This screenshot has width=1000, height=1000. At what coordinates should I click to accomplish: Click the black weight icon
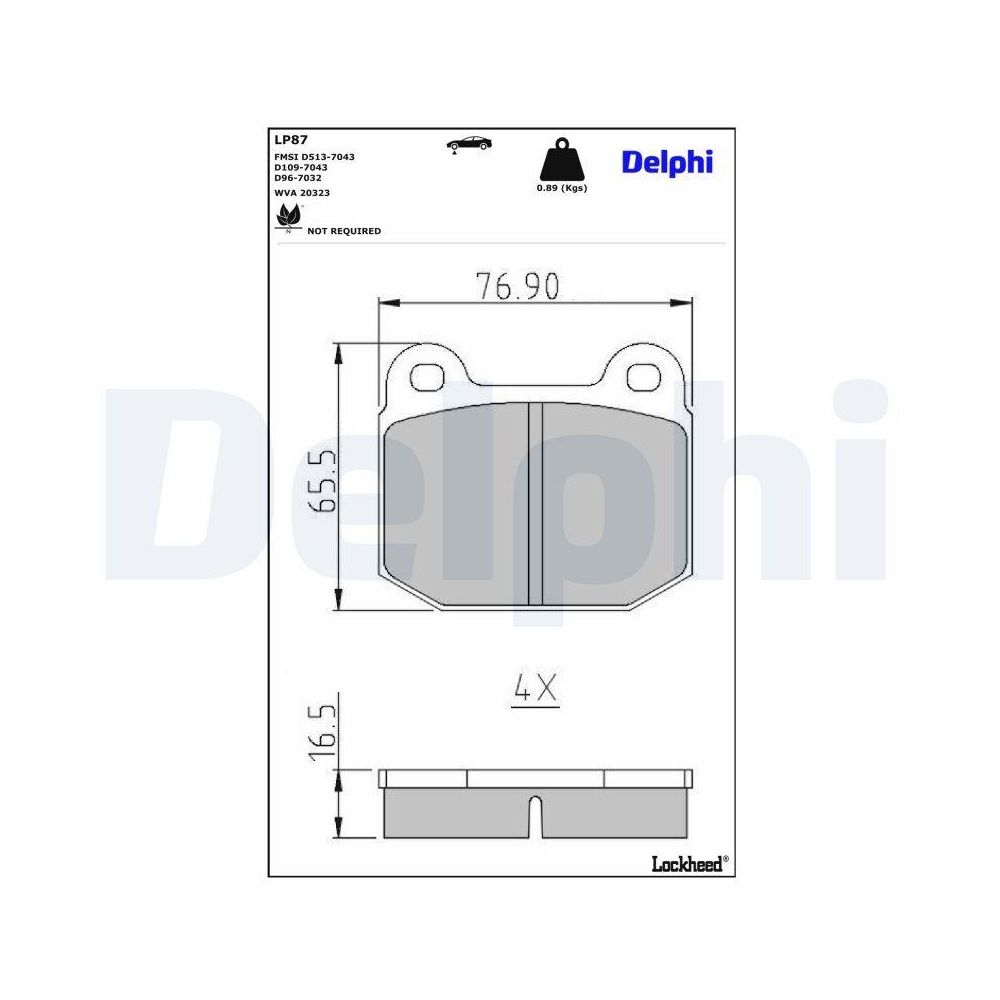560,160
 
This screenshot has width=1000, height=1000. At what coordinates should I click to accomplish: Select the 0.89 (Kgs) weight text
561,188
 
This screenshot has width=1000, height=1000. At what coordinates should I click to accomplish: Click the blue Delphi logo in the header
667,162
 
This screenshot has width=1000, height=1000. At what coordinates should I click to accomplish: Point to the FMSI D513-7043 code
314,157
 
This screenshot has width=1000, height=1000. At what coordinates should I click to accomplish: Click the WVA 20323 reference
301,192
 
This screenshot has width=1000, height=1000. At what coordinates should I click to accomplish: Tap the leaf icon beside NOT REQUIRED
288,217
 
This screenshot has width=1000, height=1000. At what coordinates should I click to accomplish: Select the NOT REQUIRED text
344,231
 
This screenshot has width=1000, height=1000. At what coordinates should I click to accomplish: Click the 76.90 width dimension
517,287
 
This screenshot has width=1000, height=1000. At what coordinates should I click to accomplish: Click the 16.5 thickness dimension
321,733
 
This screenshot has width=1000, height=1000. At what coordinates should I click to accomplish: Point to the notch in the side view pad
535,815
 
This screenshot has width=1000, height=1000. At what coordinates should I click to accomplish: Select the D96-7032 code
299,177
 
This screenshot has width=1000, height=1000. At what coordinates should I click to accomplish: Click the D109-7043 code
301,167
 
